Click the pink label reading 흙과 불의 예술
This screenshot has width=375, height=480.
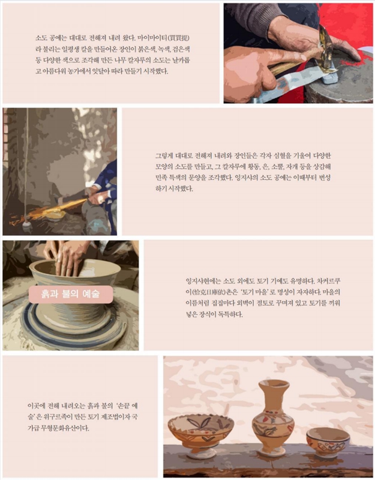tap(71, 294)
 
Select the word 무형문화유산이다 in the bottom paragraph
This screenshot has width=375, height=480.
tap(65, 428)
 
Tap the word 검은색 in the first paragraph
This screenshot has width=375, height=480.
tap(182, 49)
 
